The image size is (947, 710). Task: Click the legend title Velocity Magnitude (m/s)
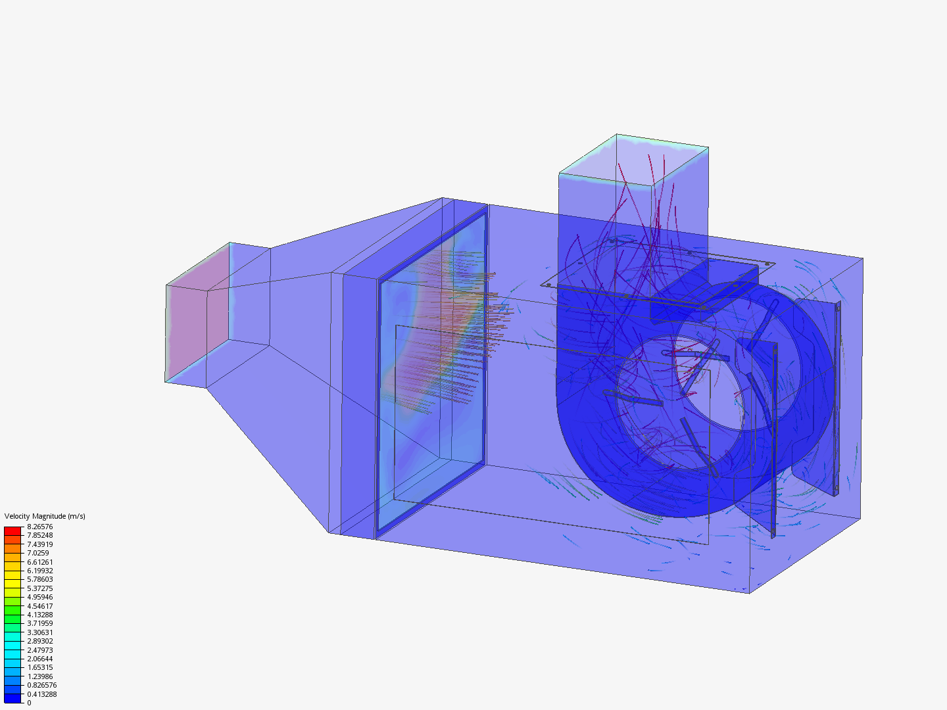click(x=45, y=516)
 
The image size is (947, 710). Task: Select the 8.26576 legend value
click(x=39, y=527)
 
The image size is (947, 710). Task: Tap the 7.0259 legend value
click(x=38, y=553)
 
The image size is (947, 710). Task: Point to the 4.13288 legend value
click(x=39, y=615)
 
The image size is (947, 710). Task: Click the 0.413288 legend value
click(x=41, y=694)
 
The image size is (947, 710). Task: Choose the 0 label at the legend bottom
click(x=29, y=703)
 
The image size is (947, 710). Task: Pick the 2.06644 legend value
click(x=39, y=659)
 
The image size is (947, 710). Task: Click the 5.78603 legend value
click(x=39, y=579)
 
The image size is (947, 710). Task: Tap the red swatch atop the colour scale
click(x=12, y=531)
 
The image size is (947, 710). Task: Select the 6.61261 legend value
click(x=39, y=562)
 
